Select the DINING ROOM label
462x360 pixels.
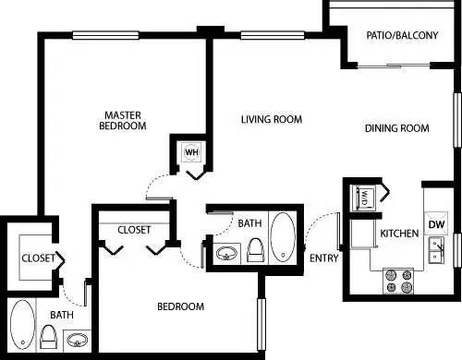[396, 128]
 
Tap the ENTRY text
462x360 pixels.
[324, 258]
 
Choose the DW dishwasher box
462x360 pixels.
[436, 224]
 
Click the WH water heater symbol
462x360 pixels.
[192, 151]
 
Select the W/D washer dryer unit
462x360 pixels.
[362, 198]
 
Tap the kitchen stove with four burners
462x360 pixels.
[397, 280]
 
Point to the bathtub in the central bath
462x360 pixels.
[283, 237]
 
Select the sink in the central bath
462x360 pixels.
[225, 251]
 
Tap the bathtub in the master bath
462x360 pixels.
[22, 329]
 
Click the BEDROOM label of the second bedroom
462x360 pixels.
[180, 306]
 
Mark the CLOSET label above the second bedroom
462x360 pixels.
[135, 230]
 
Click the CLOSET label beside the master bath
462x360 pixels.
[38, 259]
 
